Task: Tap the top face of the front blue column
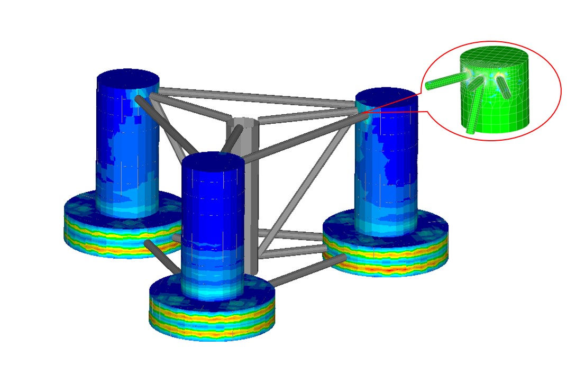pos(213,161)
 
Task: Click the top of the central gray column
pos(245,124)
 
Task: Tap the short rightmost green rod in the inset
pos(504,88)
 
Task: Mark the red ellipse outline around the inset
pos(560,91)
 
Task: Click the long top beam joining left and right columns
pos(254,94)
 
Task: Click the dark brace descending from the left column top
pos(159,118)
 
